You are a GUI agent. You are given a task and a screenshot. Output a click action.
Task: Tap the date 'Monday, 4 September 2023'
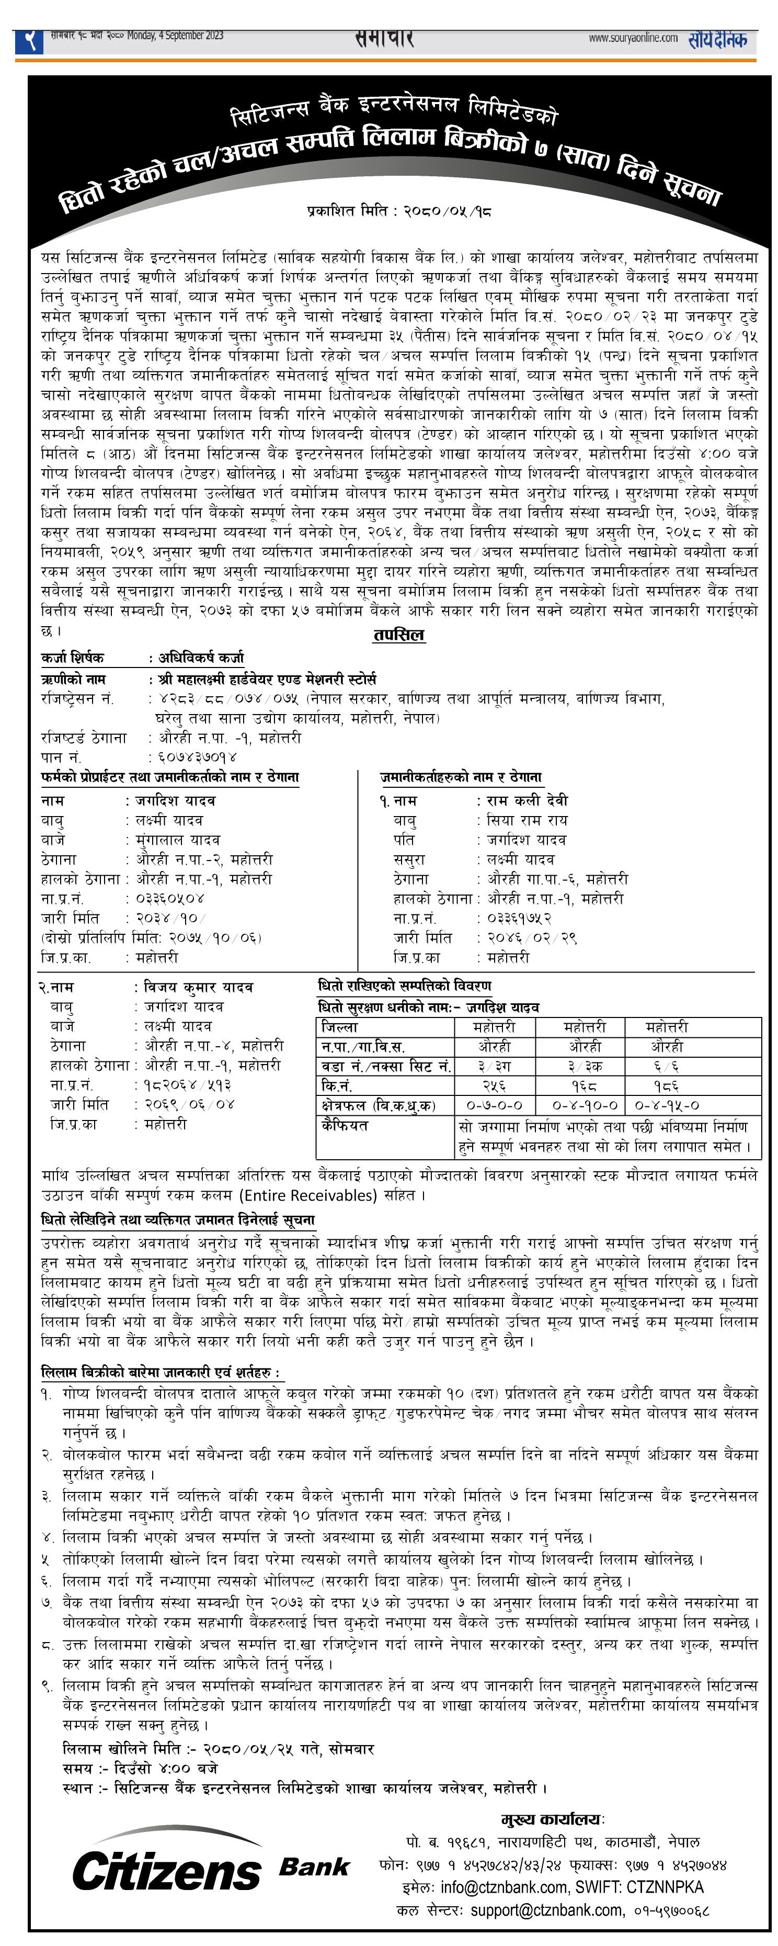(175, 36)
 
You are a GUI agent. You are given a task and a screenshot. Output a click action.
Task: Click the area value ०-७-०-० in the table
(494, 1105)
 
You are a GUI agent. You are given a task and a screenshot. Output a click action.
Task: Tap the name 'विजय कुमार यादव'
(199, 987)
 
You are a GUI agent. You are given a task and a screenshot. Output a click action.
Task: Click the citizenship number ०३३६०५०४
(170, 899)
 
